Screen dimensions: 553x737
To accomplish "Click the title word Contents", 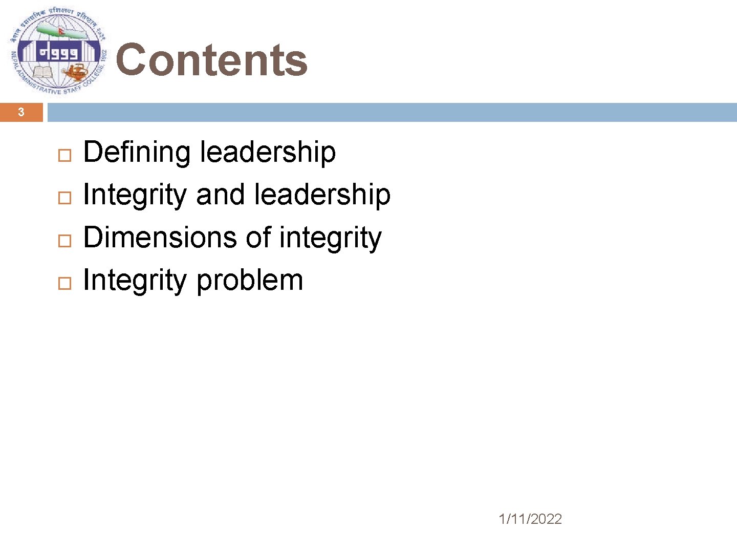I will pyautogui.click(x=211, y=60).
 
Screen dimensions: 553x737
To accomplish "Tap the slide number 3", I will pyautogui.click(x=21, y=112).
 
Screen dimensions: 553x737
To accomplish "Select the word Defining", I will pyautogui.click(x=137, y=153).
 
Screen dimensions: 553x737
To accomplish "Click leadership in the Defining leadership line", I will pyautogui.click(x=268, y=152).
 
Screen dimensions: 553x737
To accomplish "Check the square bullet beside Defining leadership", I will pyautogui.click(x=64, y=155).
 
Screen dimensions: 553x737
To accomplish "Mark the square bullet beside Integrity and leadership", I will pyautogui.click(x=64, y=198).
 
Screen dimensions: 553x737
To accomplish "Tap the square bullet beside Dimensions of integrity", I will pyautogui.click(x=64, y=240).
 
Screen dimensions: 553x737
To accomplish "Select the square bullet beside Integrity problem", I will pyautogui.click(x=64, y=283).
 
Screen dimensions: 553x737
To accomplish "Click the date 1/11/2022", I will pyautogui.click(x=530, y=519).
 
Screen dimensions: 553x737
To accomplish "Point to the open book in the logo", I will pyautogui.click(x=42, y=70).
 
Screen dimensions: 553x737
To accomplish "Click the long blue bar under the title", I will pyautogui.click(x=392, y=112).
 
